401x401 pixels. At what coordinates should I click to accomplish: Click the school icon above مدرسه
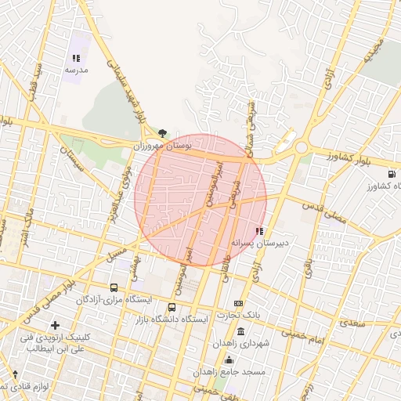76,58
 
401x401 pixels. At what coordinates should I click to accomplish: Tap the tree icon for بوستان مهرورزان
162,133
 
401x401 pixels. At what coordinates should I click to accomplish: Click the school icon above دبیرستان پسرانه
259,231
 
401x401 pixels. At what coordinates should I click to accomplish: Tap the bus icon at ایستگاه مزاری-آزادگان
114,287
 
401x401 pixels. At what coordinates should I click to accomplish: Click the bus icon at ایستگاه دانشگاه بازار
172,307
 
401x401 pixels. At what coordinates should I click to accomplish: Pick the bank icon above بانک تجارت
239,304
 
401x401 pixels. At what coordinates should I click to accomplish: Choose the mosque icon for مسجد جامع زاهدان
229,359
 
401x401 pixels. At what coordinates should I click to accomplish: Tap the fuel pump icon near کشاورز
391,173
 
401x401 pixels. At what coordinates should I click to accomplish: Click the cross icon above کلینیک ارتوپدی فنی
54,325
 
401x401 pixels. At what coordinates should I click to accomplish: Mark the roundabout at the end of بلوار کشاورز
301,147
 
